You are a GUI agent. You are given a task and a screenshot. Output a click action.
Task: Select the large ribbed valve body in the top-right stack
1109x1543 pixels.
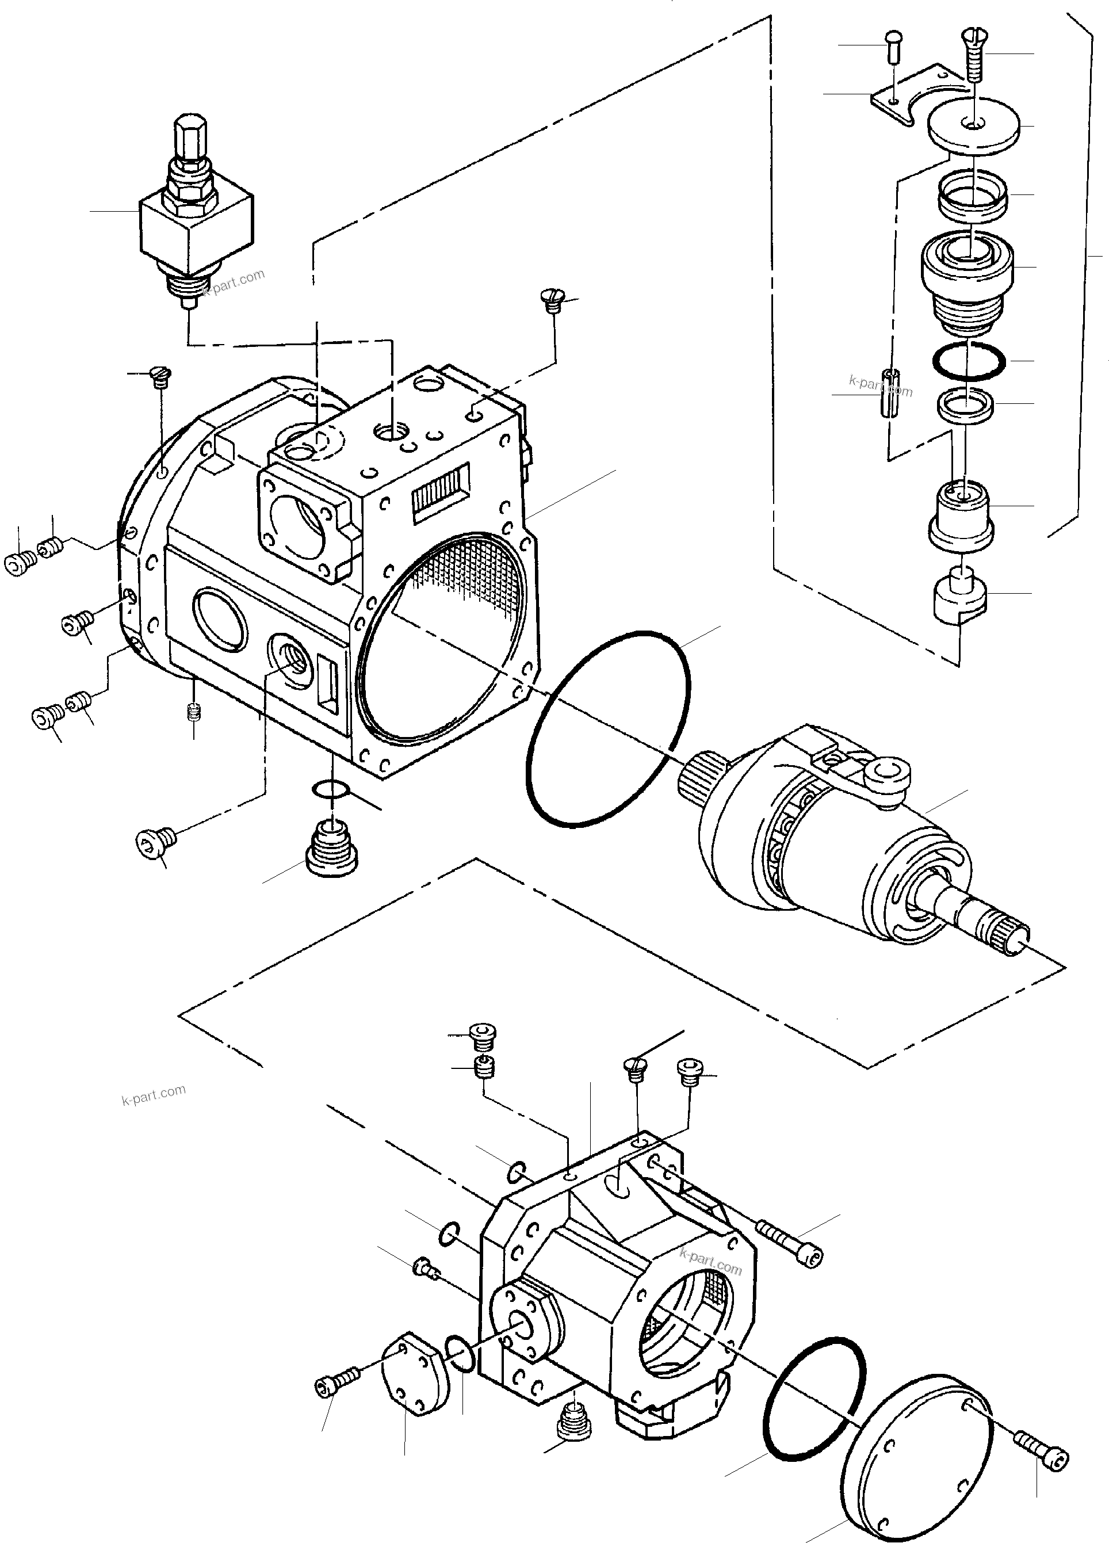[x=966, y=279]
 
